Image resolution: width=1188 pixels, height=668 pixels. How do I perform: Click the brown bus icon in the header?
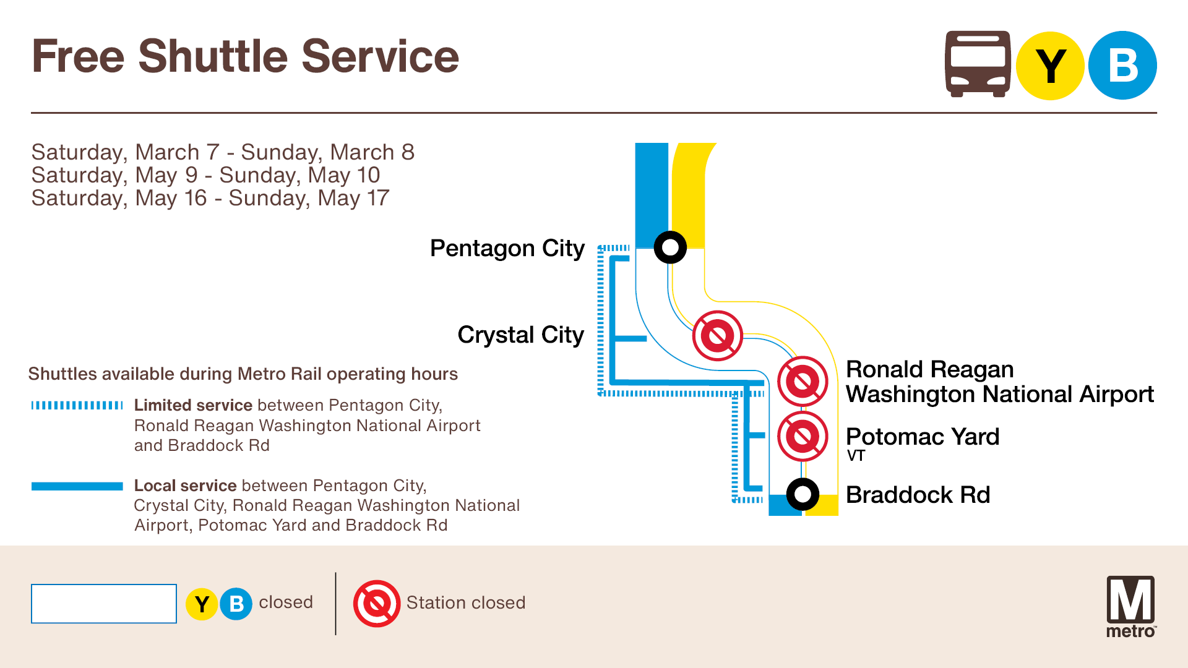click(978, 64)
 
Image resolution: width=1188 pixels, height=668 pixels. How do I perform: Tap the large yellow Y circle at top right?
click(1050, 66)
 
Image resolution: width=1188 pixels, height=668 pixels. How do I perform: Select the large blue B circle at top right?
click(1122, 66)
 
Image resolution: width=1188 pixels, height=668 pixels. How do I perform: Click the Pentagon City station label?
click(507, 249)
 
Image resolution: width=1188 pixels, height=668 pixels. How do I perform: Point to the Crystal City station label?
click(520, 335)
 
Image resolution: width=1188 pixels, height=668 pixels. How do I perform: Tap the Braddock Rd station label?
click(918, 495)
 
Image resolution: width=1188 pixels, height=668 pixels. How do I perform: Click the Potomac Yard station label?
click(922, 437)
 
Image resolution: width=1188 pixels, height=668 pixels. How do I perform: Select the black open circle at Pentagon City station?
click(670, 247)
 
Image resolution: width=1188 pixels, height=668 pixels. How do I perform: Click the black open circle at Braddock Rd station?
click(803, 494)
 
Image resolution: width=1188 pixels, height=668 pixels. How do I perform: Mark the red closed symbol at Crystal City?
click(717, 336)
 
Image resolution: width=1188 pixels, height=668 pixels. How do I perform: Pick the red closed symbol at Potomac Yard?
click(803, 437)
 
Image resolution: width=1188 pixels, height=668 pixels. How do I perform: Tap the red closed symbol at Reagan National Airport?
click(803, 381)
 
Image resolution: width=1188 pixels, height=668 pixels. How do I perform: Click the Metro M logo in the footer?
click(1130, 606)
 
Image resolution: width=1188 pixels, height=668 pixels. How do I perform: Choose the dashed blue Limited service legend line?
click(77, 406)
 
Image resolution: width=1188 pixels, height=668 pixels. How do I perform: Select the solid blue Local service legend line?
click(77, 486)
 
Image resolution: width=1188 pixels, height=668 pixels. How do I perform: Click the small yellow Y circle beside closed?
click(202, 604)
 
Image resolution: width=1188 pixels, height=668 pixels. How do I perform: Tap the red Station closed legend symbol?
click(376, 603)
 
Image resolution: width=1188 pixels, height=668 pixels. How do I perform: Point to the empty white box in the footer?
click(104, 604)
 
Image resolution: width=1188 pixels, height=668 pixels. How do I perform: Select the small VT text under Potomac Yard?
click(856, 456)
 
